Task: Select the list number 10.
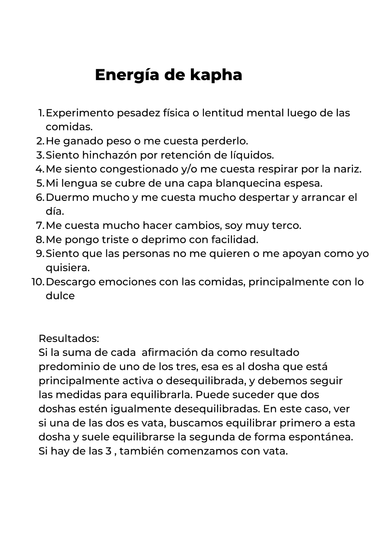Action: [x=37, y=282]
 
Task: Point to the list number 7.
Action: [x=40, y=225]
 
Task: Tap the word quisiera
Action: [x=67, y=268]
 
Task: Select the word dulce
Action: [x=60, y=296]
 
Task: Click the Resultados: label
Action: [x=69, y=339]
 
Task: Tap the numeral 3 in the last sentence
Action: [x=109, y=451]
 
